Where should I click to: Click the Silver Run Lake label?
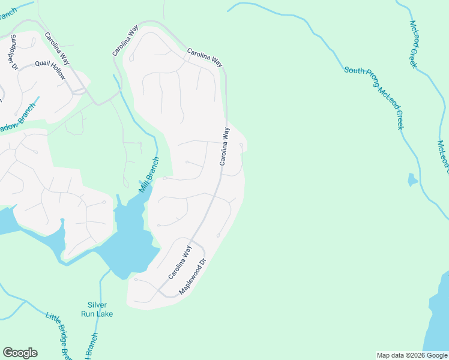click(x=97, y=309)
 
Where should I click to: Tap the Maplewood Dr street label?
click(x=193, y=277)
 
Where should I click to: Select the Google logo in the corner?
click(x=20, y=353)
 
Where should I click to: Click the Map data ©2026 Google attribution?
click(x=412, y=355)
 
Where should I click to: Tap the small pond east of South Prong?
click(x=412, y=179)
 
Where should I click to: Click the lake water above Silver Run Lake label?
click(x=129, y=240)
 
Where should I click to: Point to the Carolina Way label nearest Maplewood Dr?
click(x=179, y=262)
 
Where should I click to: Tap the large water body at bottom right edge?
click(x=438, y=318)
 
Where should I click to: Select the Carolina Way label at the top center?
click(x=125, y=41)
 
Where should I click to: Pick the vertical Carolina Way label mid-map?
click(x=224, y=146)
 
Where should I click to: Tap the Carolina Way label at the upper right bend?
click(x=205, y=58)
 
